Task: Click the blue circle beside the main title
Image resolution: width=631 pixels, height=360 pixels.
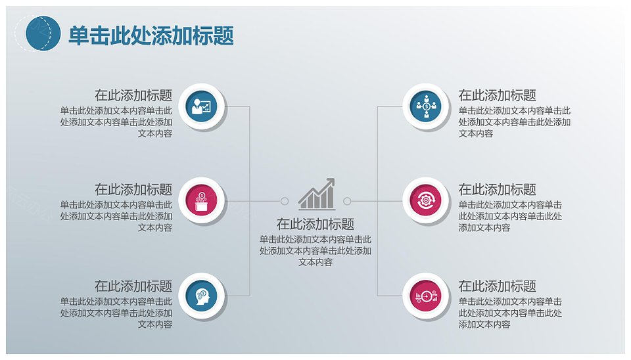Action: [x=43, y=34]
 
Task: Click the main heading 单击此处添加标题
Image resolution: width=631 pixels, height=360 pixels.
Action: [x=151, y=35]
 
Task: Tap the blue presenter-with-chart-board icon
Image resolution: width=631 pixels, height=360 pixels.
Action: [x=201, y=106]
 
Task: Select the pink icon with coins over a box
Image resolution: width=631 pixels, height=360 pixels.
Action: [x=201, y=200]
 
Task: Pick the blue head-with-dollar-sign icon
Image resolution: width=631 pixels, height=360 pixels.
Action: [x=201, y=296]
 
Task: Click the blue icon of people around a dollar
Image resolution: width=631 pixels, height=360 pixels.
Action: [x=426, y=106]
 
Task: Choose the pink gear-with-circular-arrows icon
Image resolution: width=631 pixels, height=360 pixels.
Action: [x=426, y=200]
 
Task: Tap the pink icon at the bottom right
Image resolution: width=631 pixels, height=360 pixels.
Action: [x=426, y=296]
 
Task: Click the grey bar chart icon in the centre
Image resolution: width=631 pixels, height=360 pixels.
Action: [x=317, y=194]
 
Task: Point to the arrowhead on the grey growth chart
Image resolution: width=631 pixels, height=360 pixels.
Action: [x=331, y=182]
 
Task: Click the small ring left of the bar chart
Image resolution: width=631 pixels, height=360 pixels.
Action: [x=285, y=201]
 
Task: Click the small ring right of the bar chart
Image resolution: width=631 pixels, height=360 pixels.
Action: [x=347, y=201]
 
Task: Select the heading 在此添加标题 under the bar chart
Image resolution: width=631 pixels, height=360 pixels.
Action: [x=315, y=224]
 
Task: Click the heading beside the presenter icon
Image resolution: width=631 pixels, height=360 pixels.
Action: [x=133, y=95]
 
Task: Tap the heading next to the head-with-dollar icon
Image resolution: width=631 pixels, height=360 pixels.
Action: [x=133, y=286]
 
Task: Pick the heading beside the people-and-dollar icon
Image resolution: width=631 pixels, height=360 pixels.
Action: [x=498, y=95]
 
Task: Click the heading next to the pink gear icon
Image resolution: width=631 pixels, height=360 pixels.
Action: [x=498, y=189]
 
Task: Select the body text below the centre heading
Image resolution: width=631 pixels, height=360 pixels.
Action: [x=315, y=250]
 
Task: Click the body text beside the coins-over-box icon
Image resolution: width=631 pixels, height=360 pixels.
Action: [x=116, y=216]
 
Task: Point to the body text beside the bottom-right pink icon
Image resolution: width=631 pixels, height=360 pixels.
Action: [x=510, y=313]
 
